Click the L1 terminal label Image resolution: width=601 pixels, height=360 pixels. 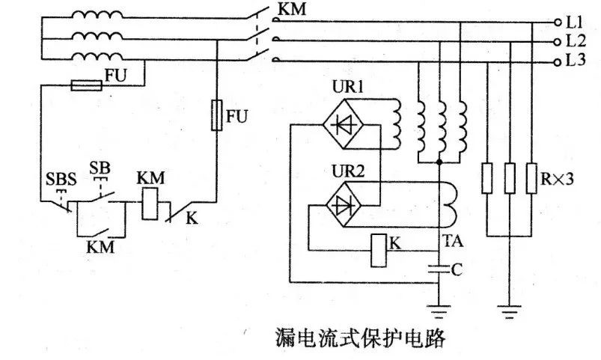tap(574, 22)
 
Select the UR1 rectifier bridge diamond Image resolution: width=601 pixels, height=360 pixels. tap(343, 123)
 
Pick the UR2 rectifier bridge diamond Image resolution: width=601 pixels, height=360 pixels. tap(343, 205)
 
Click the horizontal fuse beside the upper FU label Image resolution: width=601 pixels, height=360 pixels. tap(87, 85)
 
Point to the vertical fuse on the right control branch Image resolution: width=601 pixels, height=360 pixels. tap(216, 115)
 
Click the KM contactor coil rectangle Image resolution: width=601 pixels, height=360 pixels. tap(150, 204)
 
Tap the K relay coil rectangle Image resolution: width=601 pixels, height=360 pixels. tap(379, 250)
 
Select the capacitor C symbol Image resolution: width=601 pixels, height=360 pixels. tap(439, 269)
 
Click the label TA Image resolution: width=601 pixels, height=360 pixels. tap(453, 242)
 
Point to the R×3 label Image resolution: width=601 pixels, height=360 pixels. tap(557, 179)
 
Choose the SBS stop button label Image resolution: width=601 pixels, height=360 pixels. tap(61, 180)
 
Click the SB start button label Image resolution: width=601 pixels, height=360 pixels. tap(100, 168)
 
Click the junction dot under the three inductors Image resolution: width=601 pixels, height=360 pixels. tap(439, 162)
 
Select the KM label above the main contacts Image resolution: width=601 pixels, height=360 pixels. tap(292, 9)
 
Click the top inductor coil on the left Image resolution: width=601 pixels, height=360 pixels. tap(97, 14)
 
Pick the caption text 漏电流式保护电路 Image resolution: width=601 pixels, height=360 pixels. tap(361, 338)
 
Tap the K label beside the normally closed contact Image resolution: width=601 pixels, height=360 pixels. tap(192, 219)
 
